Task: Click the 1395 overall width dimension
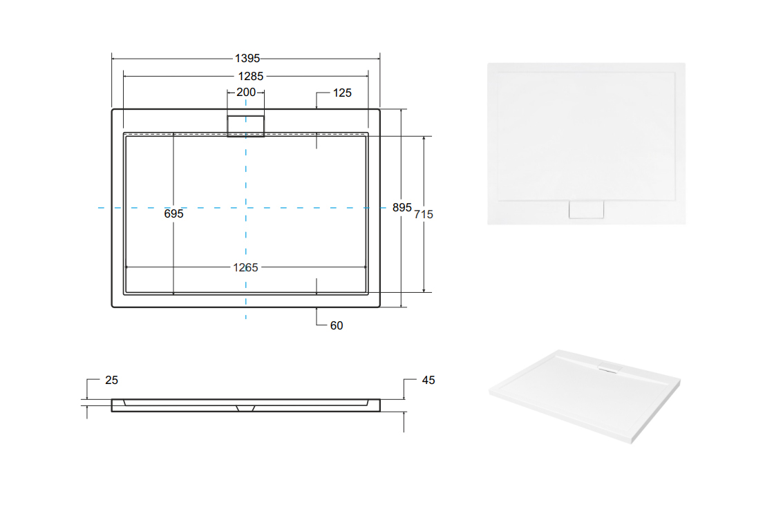click(x=247, y=59)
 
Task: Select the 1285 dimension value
click(x=247, y=76)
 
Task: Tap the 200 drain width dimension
click(x=246, y=93)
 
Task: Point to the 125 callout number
click(x=343, y=93)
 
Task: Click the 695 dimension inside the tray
click(x=174, y=214)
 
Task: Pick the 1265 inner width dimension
click(x=245, y=267)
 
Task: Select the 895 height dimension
click(x=402, y=207)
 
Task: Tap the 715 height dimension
click(x=424, y=215)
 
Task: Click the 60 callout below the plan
click(x=337, y=325)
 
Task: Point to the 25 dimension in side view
click(x=112, y=380)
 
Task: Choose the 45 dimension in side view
click(x=428, y=380)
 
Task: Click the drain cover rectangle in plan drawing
click(x=246, y=125)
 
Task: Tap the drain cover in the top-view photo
click(x=586, y=210)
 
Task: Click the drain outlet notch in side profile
click(x=246, y=407)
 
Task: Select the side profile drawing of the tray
click(x=246, y=405)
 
